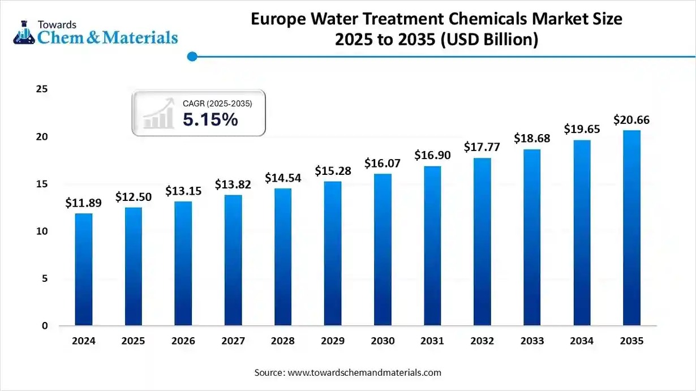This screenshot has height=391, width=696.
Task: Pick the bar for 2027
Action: (x=233, y=260)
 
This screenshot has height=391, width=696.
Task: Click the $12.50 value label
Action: (x=133, y=197)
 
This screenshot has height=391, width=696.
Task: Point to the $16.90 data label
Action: (x=432, y=155)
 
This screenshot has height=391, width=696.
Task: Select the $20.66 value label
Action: (x=631, y=120)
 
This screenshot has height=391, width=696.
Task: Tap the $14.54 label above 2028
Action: (x=283, y=178)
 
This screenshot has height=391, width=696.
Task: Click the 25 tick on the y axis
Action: (x=41, y=89)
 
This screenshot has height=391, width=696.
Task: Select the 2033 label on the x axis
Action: (x=532, y=341)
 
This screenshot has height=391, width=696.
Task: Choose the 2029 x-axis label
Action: (x=333, y=341)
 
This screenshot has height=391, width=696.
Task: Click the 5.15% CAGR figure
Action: (x=210, y=119)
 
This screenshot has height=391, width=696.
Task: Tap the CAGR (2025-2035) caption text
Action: (x=217, y=104)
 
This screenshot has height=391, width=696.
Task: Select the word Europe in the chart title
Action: (x=278, y=19)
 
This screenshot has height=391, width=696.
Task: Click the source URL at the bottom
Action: (x=364, y=372)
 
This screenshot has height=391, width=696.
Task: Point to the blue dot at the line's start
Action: (x=192, y=56)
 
